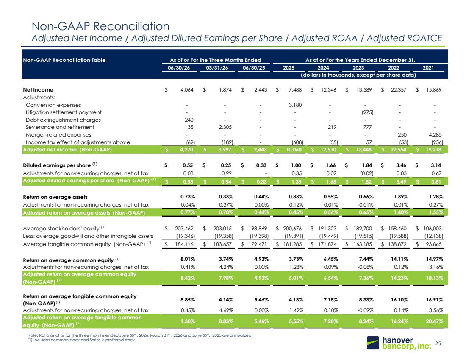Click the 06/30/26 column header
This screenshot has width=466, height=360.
[x=179, y=67]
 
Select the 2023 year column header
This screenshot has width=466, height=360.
[x=358, y=67]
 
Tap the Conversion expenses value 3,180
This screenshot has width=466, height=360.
[x=295, y=105]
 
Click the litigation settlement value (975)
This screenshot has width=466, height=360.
[x=367, y=112]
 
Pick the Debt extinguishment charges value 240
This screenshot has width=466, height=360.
[x=189, y=120]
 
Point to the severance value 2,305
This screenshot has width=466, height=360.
[x=225, y=127]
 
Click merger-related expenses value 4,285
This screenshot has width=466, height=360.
[x=435, y=134]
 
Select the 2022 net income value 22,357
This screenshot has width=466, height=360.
[x=398, y=89]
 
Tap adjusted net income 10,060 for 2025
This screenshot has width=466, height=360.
[x=294, y=149]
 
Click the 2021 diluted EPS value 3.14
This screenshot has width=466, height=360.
[x=436, y=165]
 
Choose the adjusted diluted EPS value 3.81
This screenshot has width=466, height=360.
[x=436, y=181]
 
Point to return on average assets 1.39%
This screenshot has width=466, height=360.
[x=401, y=197]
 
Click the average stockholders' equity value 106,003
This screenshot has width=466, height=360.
[x=433, y=228]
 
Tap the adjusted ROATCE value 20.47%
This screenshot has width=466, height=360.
[x=434, y=321]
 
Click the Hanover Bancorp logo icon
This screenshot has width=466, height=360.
[x=373, y=343]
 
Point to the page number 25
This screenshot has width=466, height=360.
[x=438, y=343]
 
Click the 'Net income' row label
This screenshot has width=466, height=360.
[x=38, y=90]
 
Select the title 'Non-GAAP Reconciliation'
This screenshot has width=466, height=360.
[x=100, y=26]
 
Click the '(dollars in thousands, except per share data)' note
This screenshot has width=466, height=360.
[x=358, y=75]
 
